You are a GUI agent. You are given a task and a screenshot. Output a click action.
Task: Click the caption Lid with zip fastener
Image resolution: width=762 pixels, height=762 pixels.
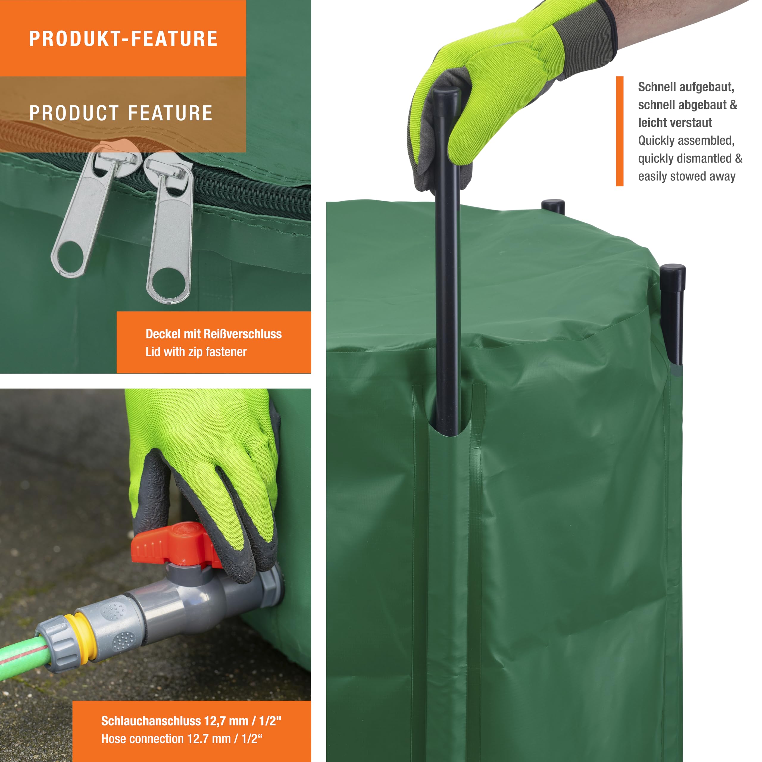coord(196,352)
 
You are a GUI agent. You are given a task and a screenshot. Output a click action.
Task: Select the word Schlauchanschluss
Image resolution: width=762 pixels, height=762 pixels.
coord(151,721)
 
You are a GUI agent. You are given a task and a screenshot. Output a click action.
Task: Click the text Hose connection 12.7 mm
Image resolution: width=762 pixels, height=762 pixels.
coord(166,739)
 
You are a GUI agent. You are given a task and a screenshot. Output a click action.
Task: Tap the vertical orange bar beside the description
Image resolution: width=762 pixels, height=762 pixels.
coord(620,131)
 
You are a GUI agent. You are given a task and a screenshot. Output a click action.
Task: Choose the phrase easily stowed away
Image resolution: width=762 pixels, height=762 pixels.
coord(687,176)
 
